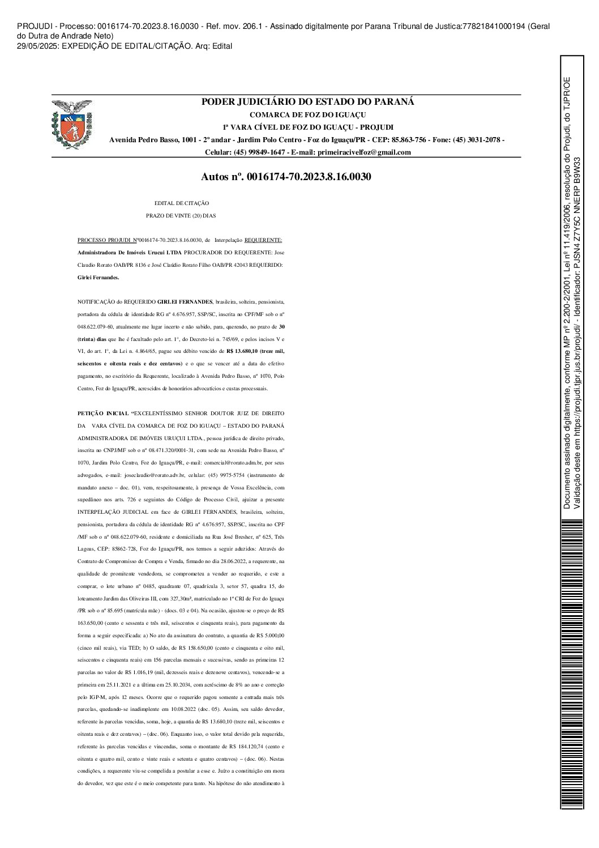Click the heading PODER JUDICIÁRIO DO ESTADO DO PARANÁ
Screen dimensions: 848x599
pos(308,102)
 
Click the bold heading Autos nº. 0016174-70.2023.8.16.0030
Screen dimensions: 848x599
pos(286,177)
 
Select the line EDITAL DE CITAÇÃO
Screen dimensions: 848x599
pos(182,203)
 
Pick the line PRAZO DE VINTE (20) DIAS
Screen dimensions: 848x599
pos(181,215)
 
